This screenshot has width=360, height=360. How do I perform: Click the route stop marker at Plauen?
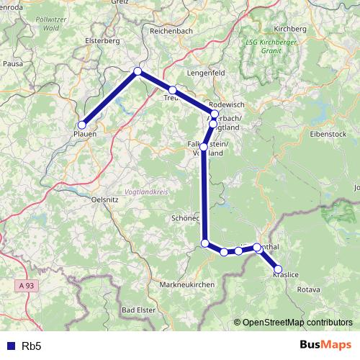pyautogui.click(x=82, y=125)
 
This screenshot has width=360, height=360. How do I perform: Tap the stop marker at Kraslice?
pyautogui.click(x=278, y=270)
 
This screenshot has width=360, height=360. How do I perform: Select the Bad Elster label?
pyautogui.click(x=138, y=310)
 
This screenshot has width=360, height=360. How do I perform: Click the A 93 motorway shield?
pyautogui.click(x=26, y=286)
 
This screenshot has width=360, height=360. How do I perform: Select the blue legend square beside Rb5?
pyautogui.click(x=9, y=346)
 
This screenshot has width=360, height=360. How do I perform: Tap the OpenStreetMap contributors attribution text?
pyautogui.click(x=296, y=323)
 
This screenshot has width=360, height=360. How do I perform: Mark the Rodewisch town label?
pyautogui.click(x=226, y=104)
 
